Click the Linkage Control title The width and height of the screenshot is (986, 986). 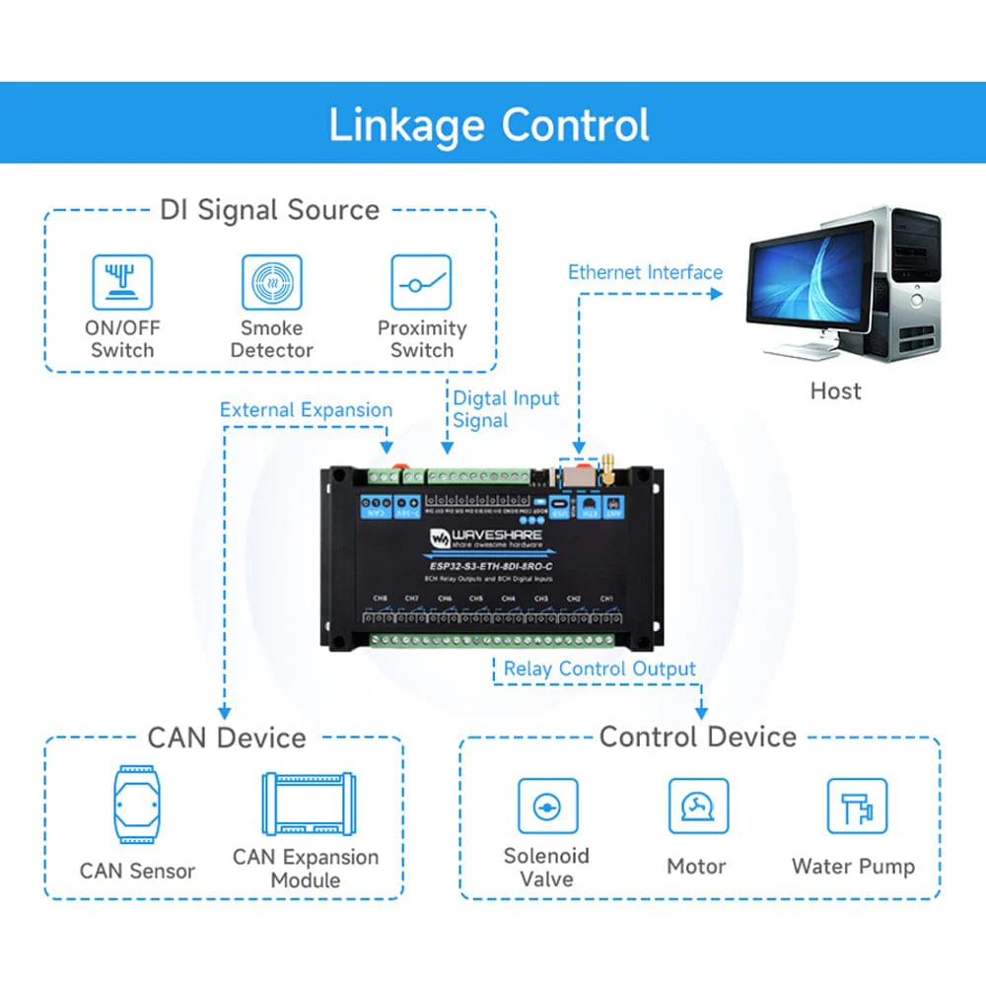point(489,125)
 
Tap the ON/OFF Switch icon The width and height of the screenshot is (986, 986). point(122,282)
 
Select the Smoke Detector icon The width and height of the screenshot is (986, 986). point(271,282)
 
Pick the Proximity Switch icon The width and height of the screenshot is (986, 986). point(421,282)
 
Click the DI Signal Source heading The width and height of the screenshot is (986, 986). point(269,210)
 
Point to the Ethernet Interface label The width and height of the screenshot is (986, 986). point(645,272)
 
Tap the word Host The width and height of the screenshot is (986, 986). point(835,390)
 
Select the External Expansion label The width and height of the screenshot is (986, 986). point(306,410)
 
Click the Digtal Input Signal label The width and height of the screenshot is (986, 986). point(505,409)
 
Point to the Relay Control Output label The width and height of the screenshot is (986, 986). point(599,669)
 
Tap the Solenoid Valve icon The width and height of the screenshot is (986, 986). point(545,808)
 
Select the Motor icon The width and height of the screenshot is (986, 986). point(697,808)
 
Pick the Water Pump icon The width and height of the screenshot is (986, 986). point(854,808)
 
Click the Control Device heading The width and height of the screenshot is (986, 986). point(697,737)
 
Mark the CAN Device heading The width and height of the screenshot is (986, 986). point(227,738)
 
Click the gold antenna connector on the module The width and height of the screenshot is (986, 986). point(608,466)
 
